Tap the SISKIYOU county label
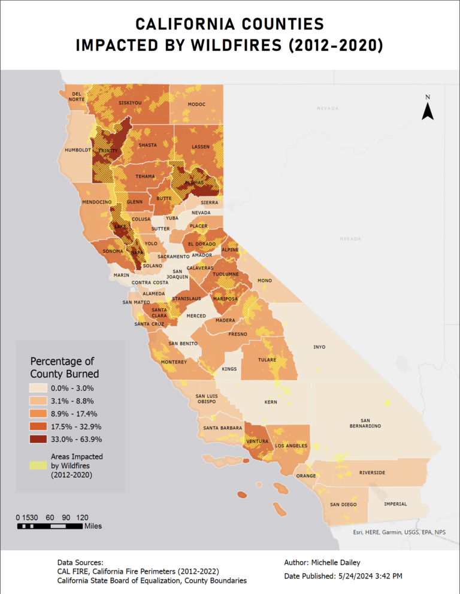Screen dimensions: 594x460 point(130,103)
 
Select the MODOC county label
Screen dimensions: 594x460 point(196,104)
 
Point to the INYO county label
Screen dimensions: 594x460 point(319,347)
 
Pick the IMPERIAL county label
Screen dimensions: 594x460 point(395,504)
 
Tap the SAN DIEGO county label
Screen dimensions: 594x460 point(343,504)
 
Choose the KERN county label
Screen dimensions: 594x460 point(271,402)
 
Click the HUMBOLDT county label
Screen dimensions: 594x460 point(77,150)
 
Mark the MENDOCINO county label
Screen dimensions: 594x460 point(96,202)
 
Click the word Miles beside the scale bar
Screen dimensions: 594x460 point(93,526)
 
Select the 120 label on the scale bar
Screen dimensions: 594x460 point(83,517)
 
